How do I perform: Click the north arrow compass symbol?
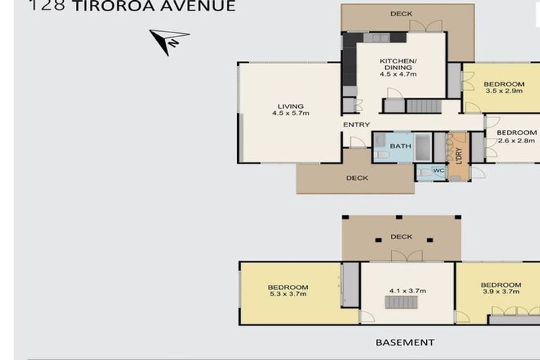pyautogui.click(x=169, y=41)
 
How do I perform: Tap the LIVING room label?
pyautogui.click(x=290, y=106)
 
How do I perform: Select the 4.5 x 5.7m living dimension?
pyautogui.click(x=290, y=113)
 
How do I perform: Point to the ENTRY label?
pyautogui.click(x=356, y=125)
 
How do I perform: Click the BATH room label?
pyautogui.click(x=400, y=146)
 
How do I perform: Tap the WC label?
pyautogui.click(x=439, y=170)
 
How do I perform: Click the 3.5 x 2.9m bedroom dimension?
pyautogui.click(x=503, y=91)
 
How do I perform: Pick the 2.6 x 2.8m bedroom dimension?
pyautogui.click(x=516, y=140)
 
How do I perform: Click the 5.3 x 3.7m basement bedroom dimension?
pyautogui.click(x=288, y=295)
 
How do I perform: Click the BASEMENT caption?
pyautogui.click(x=405, y=342)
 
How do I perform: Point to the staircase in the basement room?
pyautogui.click(x=400, y=303)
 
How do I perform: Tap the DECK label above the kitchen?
pyautogui.click(x=401, y=13)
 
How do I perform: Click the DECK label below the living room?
pyautogui.click(x=357, y=178)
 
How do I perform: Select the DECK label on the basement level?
pyautogui.click(x=401, y=237)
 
